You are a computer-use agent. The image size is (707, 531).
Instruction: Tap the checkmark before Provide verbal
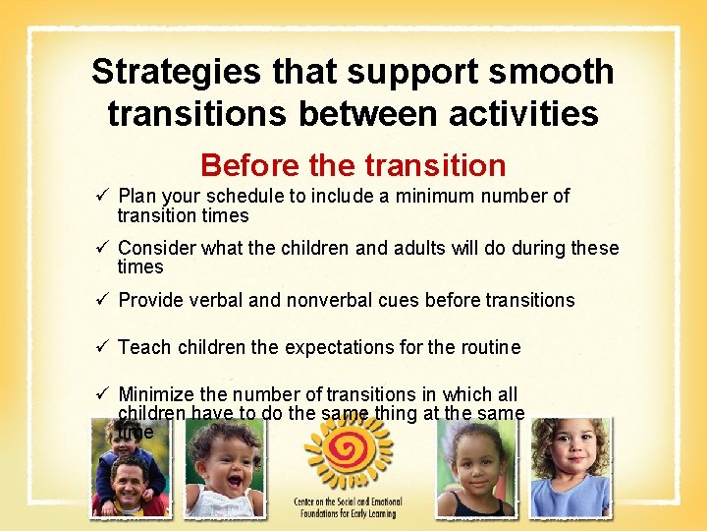pos(100,300)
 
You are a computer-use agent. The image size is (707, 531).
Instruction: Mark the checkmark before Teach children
pos(100,347)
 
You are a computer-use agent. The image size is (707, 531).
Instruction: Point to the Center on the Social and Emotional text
pos(348,507)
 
